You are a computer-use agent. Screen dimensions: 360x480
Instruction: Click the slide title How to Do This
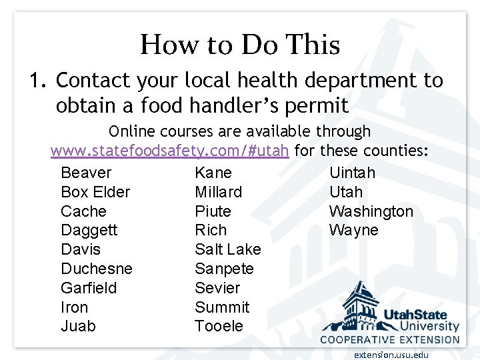pyautogui.click(x=240, y=45)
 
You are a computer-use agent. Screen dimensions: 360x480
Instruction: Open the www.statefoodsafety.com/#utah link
pyautogui.click(x=170, y=151)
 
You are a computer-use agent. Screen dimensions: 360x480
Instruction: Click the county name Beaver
pyautogui.click(x=86, y=173)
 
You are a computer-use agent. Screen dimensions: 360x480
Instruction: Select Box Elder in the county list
pyautogui.click(x=95, y=192)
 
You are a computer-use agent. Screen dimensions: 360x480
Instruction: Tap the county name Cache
pyautogui.click(x=83, y=211)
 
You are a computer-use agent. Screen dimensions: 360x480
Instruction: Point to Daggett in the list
pyautogui.click(x=89, y=230)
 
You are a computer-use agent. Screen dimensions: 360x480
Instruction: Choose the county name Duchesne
pyautogui.click(x=97, y=269)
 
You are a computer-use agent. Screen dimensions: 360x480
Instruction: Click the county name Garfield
pyautogui.click(x=89, y=288)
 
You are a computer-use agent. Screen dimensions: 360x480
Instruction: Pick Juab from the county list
pyautogui.click(x=78, y=326)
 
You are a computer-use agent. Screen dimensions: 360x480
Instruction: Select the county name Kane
pyautogui.click(x=213, y=173)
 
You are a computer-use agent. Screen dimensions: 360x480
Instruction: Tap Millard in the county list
pyautogui.click(x=218, y=192)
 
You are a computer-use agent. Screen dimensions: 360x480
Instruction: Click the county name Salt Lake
pyautogui.click(x=228, y=249)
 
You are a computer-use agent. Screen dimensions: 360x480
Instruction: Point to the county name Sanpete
pyautogui.click(x=224, y=269)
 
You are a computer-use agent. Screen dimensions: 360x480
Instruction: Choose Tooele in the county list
pyautogui.click(x=219, y=326)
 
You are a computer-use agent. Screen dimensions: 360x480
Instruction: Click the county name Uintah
pyautogui.click(x=352, y=173)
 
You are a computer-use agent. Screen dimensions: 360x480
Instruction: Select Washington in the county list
pyautogui.click(x=371, y=211)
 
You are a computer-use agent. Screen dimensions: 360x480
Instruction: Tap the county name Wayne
pyautogui.click(x=353, y=230)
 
